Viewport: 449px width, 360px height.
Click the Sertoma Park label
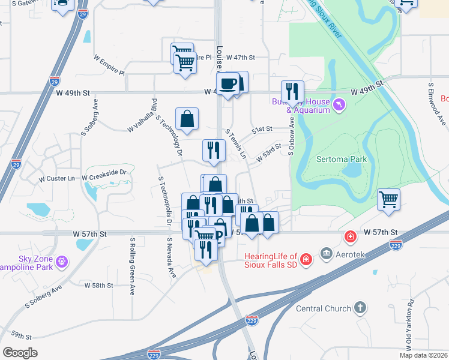click(x=341, y=159)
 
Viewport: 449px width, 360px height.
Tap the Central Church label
click(x=324, y=308)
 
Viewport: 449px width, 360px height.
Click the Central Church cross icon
click(x=360, y=308)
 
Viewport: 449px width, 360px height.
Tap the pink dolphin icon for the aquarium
click(x=340, y=106)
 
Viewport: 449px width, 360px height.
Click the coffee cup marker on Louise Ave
click(x=228, y=85)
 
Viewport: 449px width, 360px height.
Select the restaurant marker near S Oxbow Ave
click(x=292, y=92)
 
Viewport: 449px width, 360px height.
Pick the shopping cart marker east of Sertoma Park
click(x=388, y=199)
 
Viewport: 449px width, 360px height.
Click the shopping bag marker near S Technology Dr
click(x=187, y=119)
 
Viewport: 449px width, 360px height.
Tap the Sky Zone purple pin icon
click(x=62, y=262)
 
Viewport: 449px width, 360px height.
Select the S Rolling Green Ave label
click(x=132, y=266)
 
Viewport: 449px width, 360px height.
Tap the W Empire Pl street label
click(x=109, y=65)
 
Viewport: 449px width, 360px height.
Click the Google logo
click(x=20, y=353)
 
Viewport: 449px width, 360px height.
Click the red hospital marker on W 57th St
click(x=349, y=237)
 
